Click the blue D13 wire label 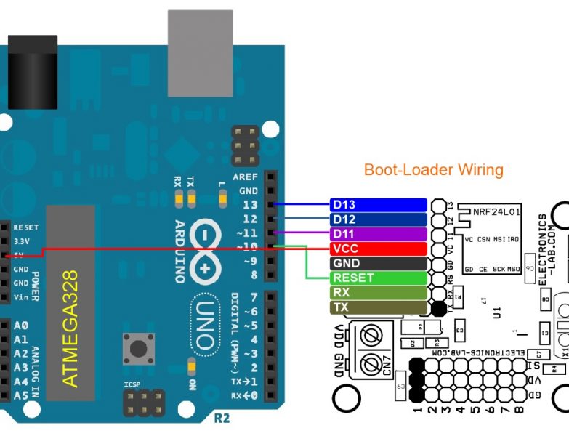[x=377, y=204]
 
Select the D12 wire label [x=377, y=219]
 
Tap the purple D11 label [x=377, y=234]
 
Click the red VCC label [x=377, y=249]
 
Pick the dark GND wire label [x=377, y=263]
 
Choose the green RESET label [x=377, y=278]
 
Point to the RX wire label [x=377, y=292]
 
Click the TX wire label [x=377, y=307]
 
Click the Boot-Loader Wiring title [x=433, y=170]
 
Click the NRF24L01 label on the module [x=496, y=212]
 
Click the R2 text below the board [x=222, y=419]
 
